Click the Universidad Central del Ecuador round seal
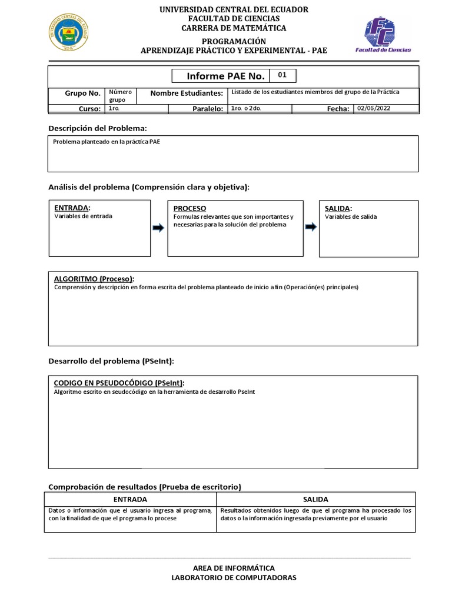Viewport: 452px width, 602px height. tap(69, 32)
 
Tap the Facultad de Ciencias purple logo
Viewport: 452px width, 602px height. tap(383, 35)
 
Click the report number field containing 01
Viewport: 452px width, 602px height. tap(282, 76)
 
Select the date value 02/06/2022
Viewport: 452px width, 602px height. tap(374, 108)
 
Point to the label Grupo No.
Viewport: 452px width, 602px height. tap(82, 93)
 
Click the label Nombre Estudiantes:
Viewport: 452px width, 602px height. tap(187, 93)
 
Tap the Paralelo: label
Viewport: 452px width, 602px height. tap(207, 109)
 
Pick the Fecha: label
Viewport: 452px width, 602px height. tap(338, 109)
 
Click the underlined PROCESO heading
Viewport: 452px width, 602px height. tap(190, 209)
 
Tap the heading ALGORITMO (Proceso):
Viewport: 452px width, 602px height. tap(98, 279)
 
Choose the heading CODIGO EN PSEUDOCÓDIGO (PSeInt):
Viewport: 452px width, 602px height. tap(123, 383)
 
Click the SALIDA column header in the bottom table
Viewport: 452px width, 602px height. tap(315, 499)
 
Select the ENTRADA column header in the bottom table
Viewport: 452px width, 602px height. tap(130, 499)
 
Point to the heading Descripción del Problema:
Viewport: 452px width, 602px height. tap(98, 128)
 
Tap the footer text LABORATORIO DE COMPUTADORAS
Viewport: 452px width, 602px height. tap(234, 577)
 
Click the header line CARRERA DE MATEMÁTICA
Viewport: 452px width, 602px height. tap(234, 28)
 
